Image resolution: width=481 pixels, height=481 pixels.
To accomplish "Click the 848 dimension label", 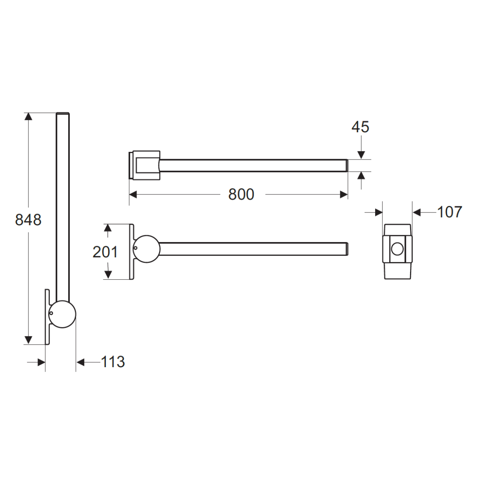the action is point(28,220).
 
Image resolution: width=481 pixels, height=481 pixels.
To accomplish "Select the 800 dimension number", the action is point(241,194).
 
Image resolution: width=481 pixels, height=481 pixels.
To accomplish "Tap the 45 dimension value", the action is point(360,127).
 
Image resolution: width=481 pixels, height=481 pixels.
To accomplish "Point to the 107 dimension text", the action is point(450,212).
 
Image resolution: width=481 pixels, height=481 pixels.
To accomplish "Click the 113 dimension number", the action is point(113,362).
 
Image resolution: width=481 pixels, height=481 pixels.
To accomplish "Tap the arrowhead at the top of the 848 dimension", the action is point(28,117).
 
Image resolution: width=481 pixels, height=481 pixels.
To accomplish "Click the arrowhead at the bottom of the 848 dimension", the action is point(28,340).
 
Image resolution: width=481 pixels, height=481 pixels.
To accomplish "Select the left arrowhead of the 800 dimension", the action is point(133,194).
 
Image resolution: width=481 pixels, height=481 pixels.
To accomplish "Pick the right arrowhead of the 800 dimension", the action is point(344,194).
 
